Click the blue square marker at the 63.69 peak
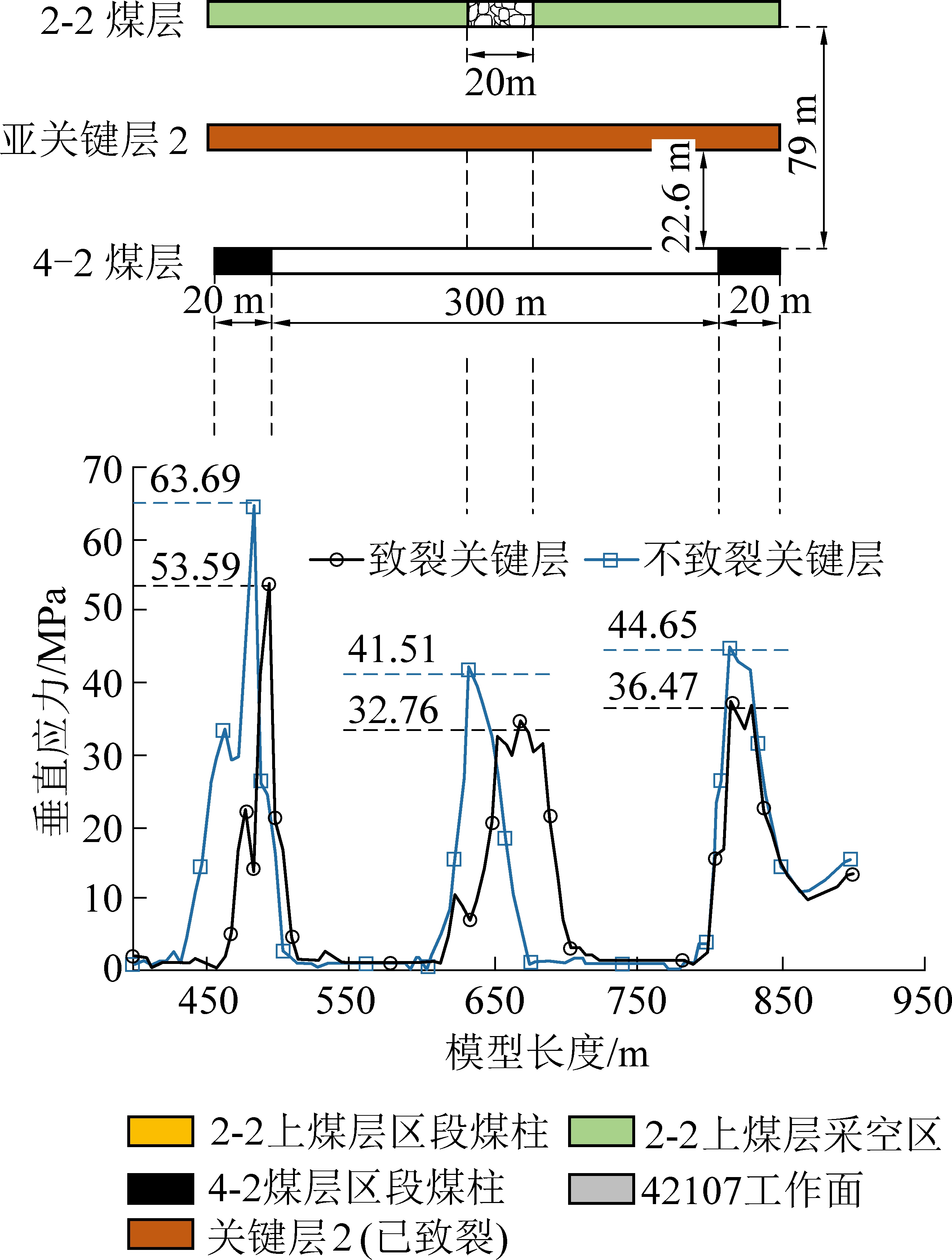click(x=253, y=506)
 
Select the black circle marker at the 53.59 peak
click(x=269, y=585)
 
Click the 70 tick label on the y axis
click(x=102, y=471)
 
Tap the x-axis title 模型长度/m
click(x=546, y=1053)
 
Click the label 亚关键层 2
click(x=94, y=140)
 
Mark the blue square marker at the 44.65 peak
click(x=729, y=648)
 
